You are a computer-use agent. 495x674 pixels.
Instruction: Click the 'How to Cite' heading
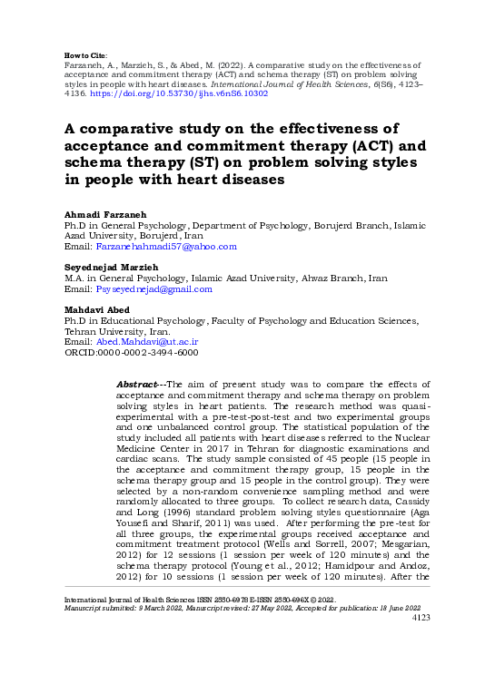point(85,56)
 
